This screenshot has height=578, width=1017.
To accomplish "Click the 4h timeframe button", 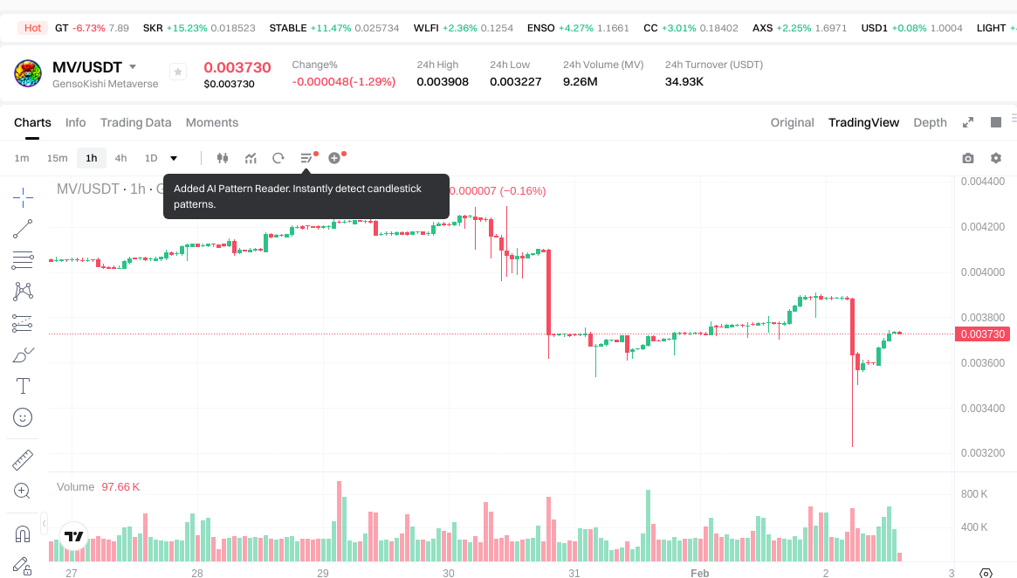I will tap(120, 158).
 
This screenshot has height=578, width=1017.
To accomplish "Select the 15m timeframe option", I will tap(57, 158).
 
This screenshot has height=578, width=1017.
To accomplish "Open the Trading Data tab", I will tap(135, 122).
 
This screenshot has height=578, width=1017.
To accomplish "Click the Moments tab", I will tap(212, 122).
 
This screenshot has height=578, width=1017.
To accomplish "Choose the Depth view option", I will tap(930, 122).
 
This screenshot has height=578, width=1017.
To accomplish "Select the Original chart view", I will tap(792, 122).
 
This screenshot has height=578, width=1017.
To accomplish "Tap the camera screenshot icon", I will tap(968, 158).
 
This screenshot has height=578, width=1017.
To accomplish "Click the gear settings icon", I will tap(996, 158).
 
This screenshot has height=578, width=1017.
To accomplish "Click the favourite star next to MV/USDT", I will tap(177, 72).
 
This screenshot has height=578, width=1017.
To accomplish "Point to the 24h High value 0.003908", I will tap(443, 82).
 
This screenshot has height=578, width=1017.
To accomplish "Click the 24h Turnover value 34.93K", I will tap(684, 82).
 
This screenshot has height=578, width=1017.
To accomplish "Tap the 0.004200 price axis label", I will tap(982, 227).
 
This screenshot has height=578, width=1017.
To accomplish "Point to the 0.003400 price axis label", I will tap(982, 408).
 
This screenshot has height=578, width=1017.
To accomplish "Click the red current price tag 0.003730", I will tap(983, 334).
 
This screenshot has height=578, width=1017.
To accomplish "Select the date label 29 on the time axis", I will tap(323, 574).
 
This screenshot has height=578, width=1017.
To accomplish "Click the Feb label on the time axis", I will tap(699, 574).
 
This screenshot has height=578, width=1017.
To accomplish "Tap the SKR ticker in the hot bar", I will tap(153, 28).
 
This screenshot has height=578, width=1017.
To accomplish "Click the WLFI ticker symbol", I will tap(426, 28).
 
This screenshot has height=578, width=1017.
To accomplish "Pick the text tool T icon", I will tap(24, 386).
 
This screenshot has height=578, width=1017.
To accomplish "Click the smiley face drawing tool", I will tap(24, 417).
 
